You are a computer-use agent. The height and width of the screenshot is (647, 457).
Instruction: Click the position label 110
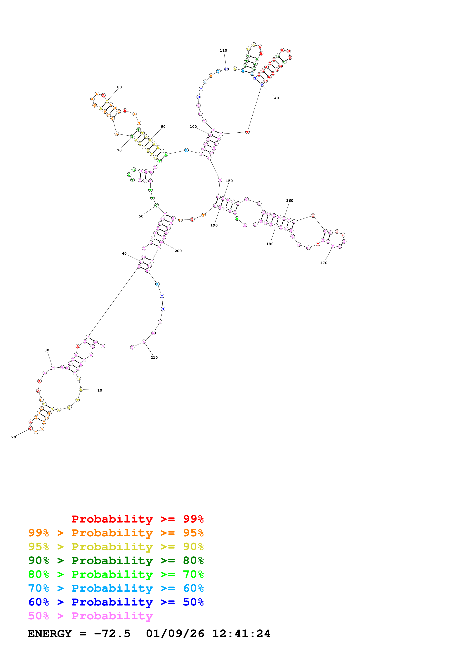(223, 50)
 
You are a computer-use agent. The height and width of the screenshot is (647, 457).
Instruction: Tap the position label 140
(275, 98)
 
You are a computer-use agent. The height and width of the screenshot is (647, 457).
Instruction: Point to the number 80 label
(119, 87)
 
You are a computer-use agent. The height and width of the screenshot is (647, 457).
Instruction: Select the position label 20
(13, 437)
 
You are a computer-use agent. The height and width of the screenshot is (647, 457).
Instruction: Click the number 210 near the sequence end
(154, 357)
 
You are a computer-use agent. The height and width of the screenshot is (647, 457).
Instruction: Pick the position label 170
(324, 263)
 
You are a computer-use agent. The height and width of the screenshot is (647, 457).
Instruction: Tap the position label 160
(289, 201)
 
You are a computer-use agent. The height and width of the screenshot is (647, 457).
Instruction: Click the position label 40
(124, 254)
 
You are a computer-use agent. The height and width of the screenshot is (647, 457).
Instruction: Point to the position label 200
(178, 251)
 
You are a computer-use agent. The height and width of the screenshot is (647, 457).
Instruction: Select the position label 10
(100, 390)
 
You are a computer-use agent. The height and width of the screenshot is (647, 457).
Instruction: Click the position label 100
(193, 127)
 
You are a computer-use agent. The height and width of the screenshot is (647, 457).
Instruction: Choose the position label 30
(47, 350)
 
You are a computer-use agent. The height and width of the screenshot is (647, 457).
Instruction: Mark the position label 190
(214, 225)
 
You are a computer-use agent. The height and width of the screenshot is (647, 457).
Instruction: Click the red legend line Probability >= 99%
(137, 519)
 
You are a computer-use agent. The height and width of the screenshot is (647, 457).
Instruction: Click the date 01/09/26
(175, 634)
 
